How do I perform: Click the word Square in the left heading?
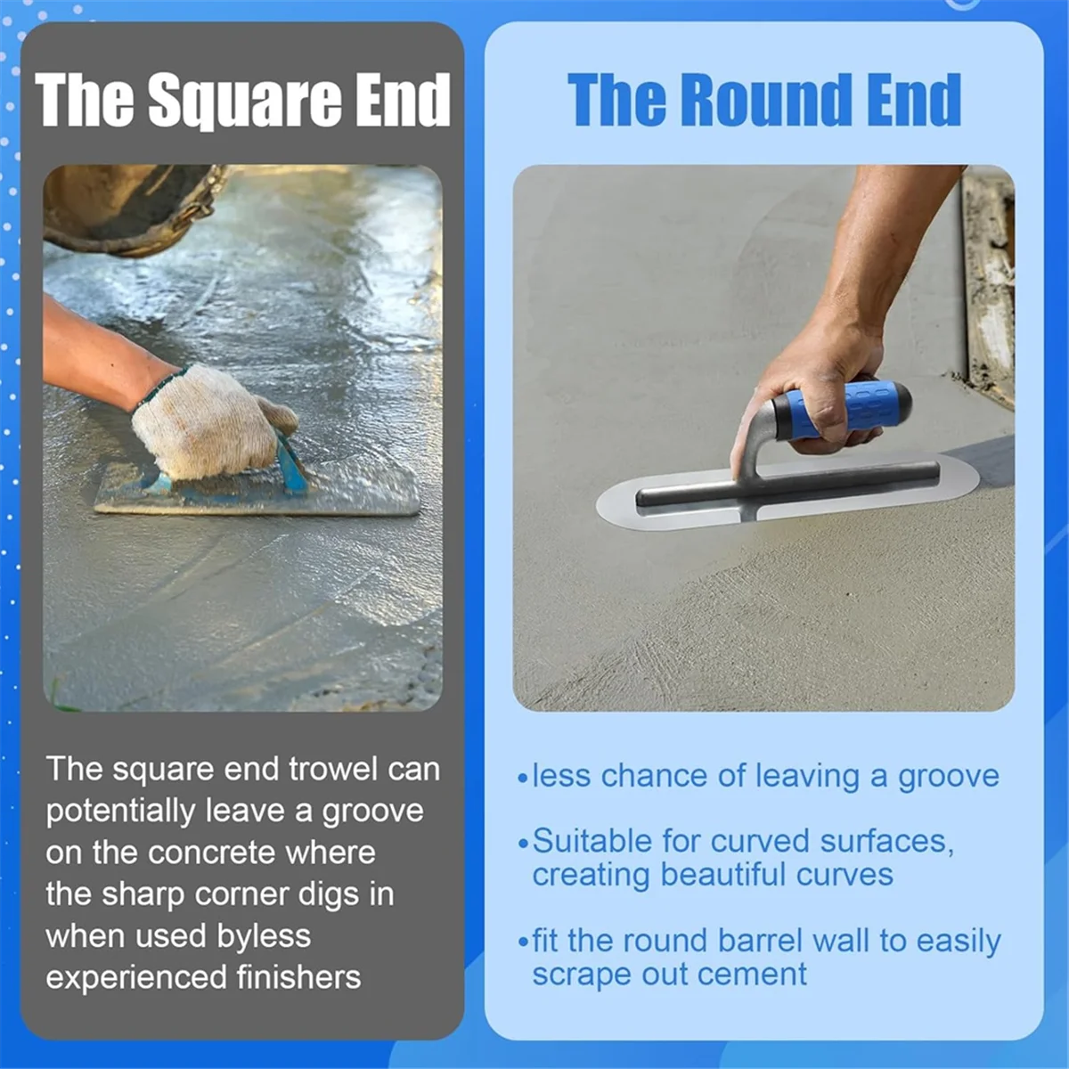point(244,100)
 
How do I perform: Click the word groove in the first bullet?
point(948,777)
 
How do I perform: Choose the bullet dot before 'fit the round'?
point(523,943)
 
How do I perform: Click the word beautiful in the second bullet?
point(723,875)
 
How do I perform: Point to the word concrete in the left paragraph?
point(211,853)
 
